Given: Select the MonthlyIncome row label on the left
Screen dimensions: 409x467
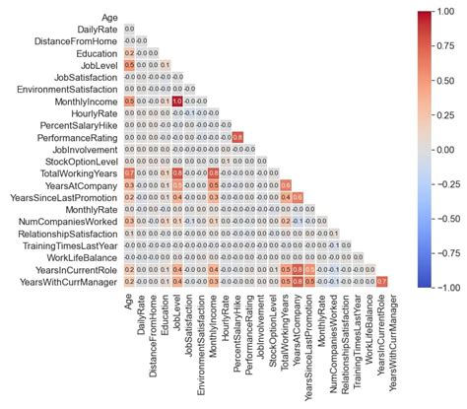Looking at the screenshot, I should click(85, 101).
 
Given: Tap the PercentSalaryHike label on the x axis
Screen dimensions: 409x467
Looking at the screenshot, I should click(237, 335).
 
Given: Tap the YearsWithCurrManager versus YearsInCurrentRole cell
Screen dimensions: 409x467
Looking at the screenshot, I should click(382, 283).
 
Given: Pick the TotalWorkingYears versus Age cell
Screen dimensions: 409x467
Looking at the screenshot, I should click(129, 173).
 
